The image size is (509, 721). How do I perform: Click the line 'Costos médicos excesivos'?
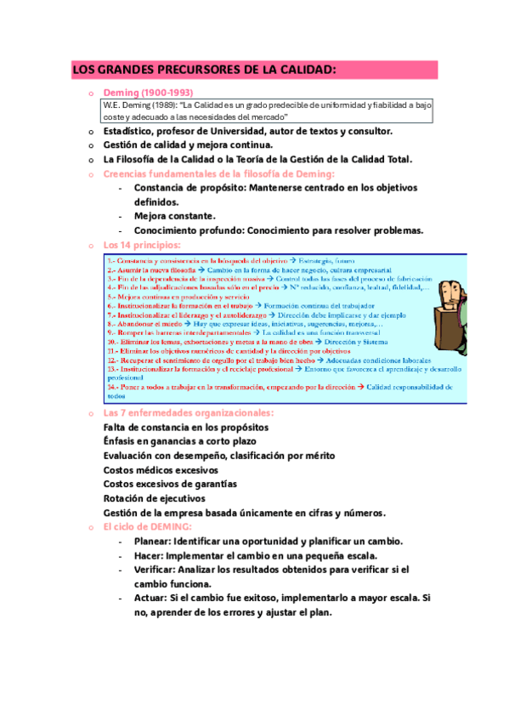tap(161, 469)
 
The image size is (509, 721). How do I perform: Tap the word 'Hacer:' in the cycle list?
tap(152, 555)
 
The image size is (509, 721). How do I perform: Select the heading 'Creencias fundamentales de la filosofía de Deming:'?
tap(218, 173)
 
